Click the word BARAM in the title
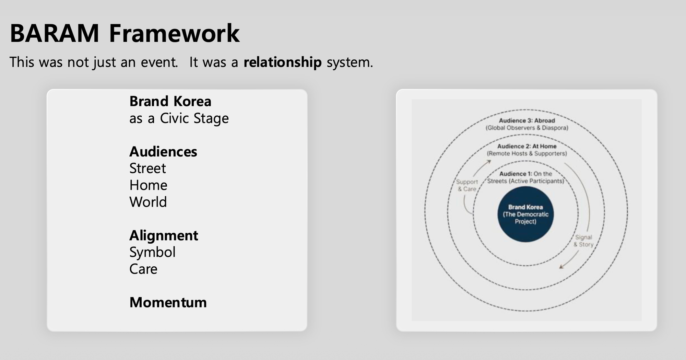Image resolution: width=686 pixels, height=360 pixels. coord(54,34)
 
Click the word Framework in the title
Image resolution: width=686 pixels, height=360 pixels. coord(174,34)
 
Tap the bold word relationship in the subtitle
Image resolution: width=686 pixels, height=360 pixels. coord(282,62)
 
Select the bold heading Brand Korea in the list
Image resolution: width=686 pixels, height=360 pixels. coord(170,101)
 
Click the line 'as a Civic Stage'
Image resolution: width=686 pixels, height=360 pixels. coord(179,118)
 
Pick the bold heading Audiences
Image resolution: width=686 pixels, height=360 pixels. coord(163,152)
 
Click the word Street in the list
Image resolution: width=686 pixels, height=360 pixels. coord(147,169)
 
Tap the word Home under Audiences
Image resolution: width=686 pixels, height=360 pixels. coord(148,185)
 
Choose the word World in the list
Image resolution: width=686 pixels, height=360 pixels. coord(148,202)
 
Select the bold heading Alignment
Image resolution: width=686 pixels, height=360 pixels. coord(164,235)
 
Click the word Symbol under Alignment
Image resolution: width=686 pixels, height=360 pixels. coord(152,252)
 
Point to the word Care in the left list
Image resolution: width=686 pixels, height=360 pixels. coord(143,269)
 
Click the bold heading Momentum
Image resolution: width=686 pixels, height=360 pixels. coord(168,302)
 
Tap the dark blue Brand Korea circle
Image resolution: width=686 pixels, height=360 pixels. coord(525,214)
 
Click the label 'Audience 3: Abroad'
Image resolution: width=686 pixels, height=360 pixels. coord(527,120)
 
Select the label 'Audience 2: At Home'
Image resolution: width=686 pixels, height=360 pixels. coord(527,146)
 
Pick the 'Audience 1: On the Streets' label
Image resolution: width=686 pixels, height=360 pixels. coord(525,177)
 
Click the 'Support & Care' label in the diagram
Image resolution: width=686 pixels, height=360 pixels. coord(467,185)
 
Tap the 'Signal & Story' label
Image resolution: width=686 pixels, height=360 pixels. coord(583,241)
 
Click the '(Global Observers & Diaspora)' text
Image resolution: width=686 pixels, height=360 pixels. coord(527,128)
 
